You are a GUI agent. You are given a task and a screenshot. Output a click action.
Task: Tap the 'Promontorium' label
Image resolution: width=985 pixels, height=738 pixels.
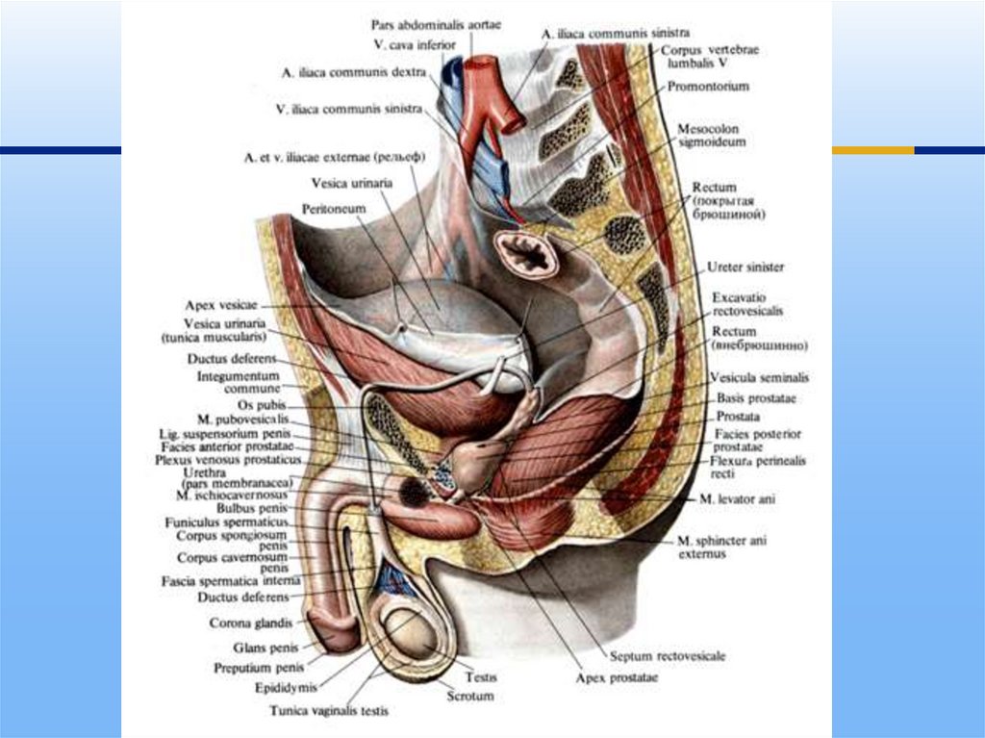[711, 87]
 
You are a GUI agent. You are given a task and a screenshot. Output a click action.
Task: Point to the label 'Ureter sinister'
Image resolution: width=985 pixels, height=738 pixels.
[745, 267]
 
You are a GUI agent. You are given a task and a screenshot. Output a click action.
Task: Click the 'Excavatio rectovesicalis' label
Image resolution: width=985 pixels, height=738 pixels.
[747, 305]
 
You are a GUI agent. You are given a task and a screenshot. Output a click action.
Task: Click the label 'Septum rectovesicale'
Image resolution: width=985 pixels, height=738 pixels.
[664, 655]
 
